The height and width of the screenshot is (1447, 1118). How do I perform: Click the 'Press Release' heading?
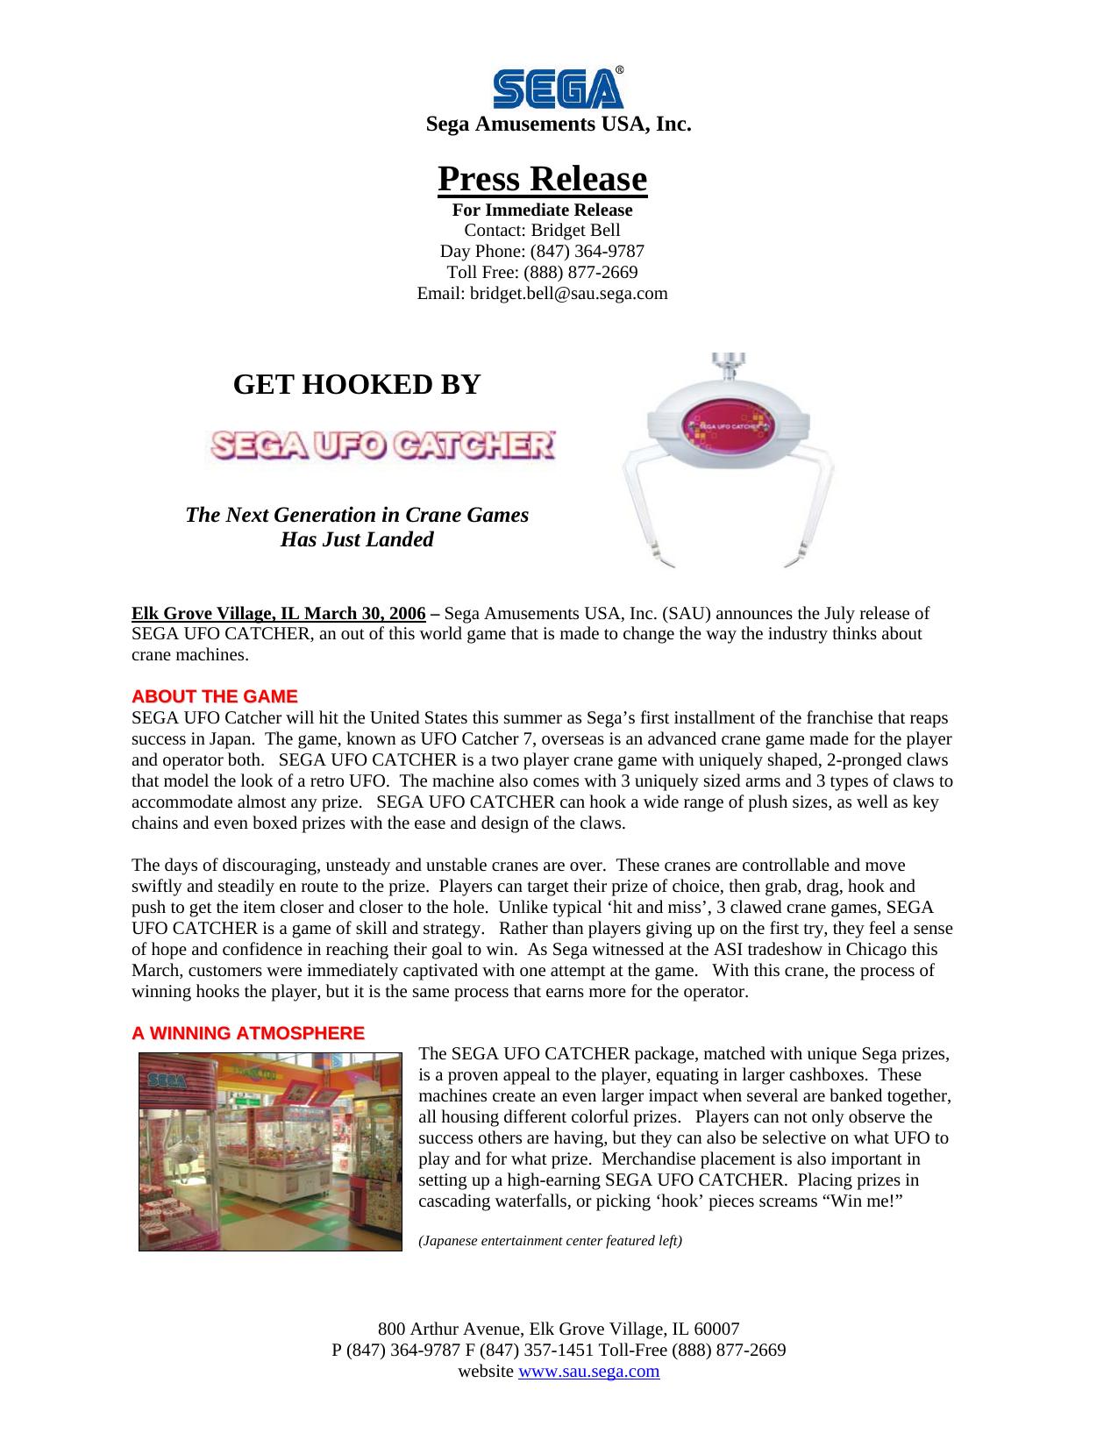tap(542, 179)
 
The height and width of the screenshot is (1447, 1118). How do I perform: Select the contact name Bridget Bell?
tap(579, 231)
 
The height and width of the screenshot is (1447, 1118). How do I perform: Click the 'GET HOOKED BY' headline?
tap(357, 384)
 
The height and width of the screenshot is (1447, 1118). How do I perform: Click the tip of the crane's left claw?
tap(655, 555)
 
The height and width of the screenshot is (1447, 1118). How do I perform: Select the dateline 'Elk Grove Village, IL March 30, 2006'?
tap(279, 613)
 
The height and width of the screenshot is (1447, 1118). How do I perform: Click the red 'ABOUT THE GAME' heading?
tap(215, 697)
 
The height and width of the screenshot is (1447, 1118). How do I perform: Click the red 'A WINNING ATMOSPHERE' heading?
tap(248, 1033)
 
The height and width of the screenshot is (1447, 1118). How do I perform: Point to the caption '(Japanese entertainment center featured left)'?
tap(550, 1241)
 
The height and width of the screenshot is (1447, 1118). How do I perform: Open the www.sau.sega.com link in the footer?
tap(588, 1372)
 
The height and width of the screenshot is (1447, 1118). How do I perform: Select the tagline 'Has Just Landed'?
tap(357, 539)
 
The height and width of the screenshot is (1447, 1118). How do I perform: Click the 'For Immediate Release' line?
tap(542, 210)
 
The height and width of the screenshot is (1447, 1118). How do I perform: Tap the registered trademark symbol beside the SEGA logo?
tap(619, 70)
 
